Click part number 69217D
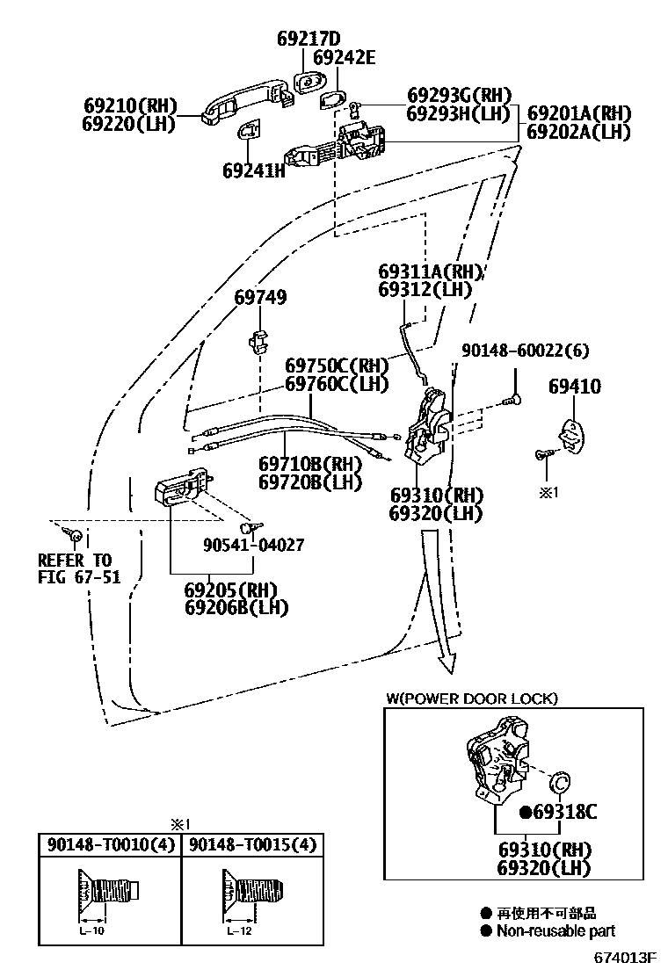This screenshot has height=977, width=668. (308, 39)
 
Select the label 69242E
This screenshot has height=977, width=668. (344, 58)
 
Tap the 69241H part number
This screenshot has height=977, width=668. (254, 170)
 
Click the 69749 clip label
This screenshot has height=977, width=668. (260, 299)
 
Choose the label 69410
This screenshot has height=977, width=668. (575, 386)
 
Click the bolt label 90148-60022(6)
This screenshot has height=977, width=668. (525, 351)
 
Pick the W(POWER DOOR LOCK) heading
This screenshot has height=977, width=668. (471, 698)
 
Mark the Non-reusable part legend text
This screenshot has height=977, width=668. (555, 931)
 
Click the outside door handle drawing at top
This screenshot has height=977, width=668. (246, 98)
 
